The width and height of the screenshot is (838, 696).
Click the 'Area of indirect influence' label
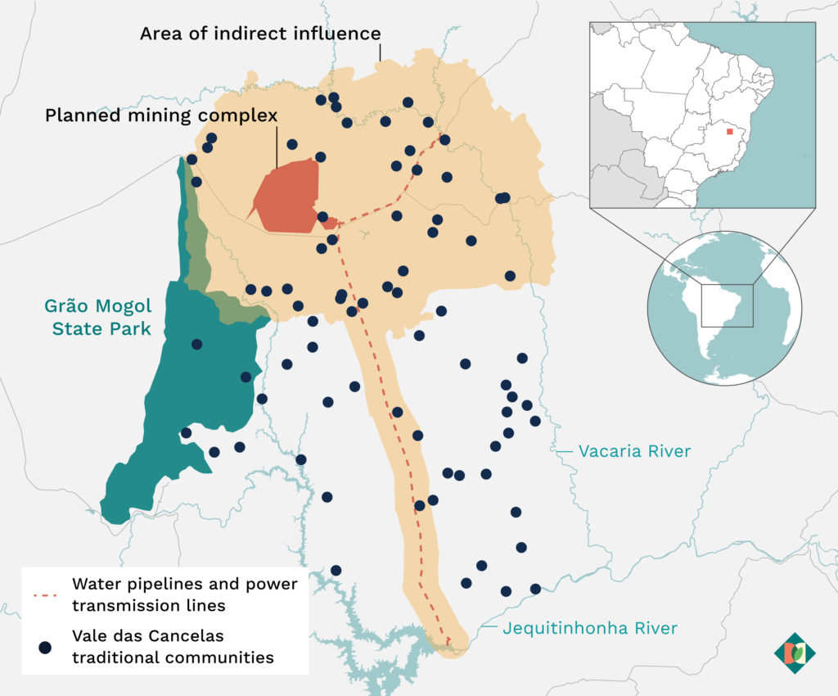click(x=260, y=34)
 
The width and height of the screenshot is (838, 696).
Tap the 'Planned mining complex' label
click(x=161, y=115)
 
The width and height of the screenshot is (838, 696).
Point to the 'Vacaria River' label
click(x=634, y=451)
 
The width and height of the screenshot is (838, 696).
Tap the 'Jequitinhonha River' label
click(x=589, y=628)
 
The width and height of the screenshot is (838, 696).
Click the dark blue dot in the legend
click(x=45, y=647)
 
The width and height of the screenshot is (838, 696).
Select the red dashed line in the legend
click(x=45, y=595)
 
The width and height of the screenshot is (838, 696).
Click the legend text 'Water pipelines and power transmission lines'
click(x=185, y=595)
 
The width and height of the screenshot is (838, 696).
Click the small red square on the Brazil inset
click(x=730, y=130)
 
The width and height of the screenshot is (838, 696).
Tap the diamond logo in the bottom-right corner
click(x=795, y=653)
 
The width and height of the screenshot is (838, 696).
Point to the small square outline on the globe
click(x=727, y=305)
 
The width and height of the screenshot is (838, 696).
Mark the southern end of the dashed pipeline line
click(x=448, y=642)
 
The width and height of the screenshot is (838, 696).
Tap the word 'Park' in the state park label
click(x=134, y=329)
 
